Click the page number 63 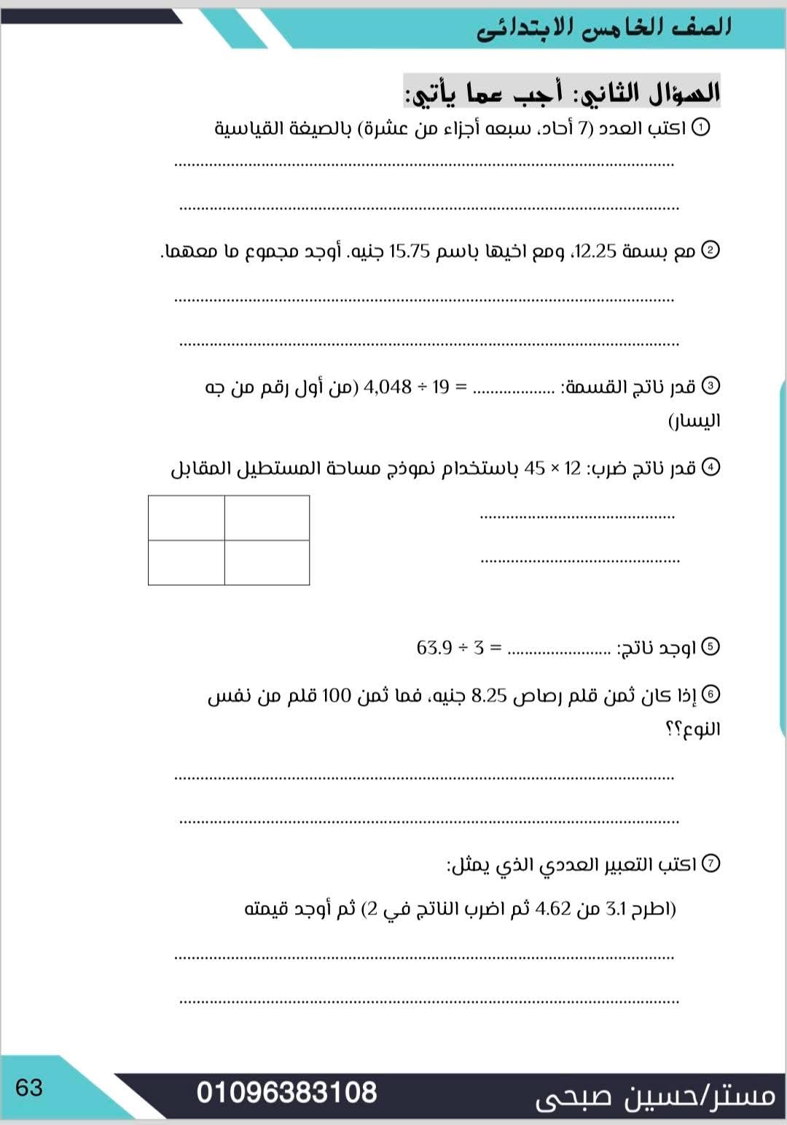(29, 1088)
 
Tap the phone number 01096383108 (286, 1093)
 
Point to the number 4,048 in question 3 (387, 387)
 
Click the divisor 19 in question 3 (441, 387)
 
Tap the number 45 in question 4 (534, 469)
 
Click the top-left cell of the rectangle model (187, 518)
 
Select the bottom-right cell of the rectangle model (267, 562)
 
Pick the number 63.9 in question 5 (435, 647)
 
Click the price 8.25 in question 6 (489, 696)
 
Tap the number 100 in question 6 (337, 696)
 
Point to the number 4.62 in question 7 (552, 909)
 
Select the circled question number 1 (700, 128)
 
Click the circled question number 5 (710, 647)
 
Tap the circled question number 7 (710, 864)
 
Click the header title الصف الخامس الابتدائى (604, 28)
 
